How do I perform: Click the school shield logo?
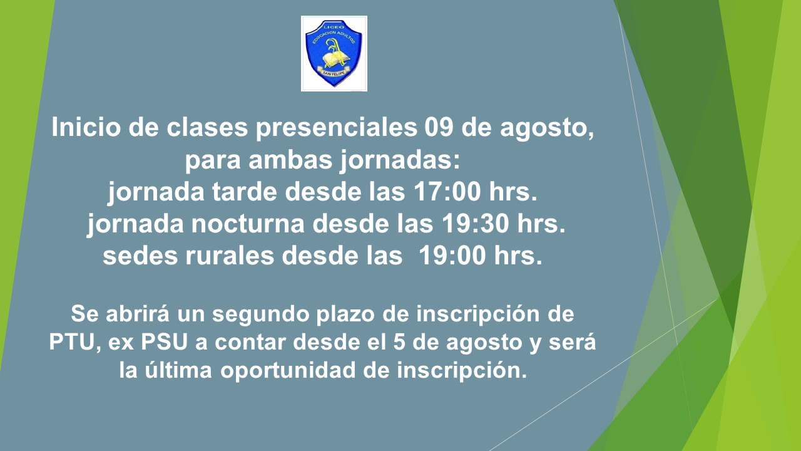click(x=334, y=54)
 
